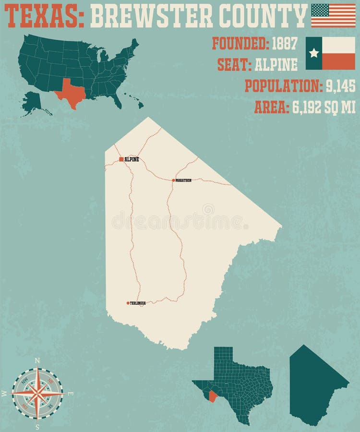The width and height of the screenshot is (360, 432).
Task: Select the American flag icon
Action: [333, 15]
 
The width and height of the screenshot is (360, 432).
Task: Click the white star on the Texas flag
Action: [314, 53]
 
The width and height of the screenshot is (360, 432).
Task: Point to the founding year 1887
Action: [285, 44]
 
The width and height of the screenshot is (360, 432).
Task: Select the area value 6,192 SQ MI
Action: [324, 108]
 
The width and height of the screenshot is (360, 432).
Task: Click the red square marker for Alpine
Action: [121, 159]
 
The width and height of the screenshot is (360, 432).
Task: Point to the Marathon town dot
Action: [173, 180]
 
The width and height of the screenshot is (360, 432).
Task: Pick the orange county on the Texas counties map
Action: [211, 396]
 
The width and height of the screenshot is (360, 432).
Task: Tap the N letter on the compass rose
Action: [37, 360]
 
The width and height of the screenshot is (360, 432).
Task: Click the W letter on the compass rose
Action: [4, 394]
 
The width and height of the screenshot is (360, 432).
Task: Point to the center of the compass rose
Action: [37, 393]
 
